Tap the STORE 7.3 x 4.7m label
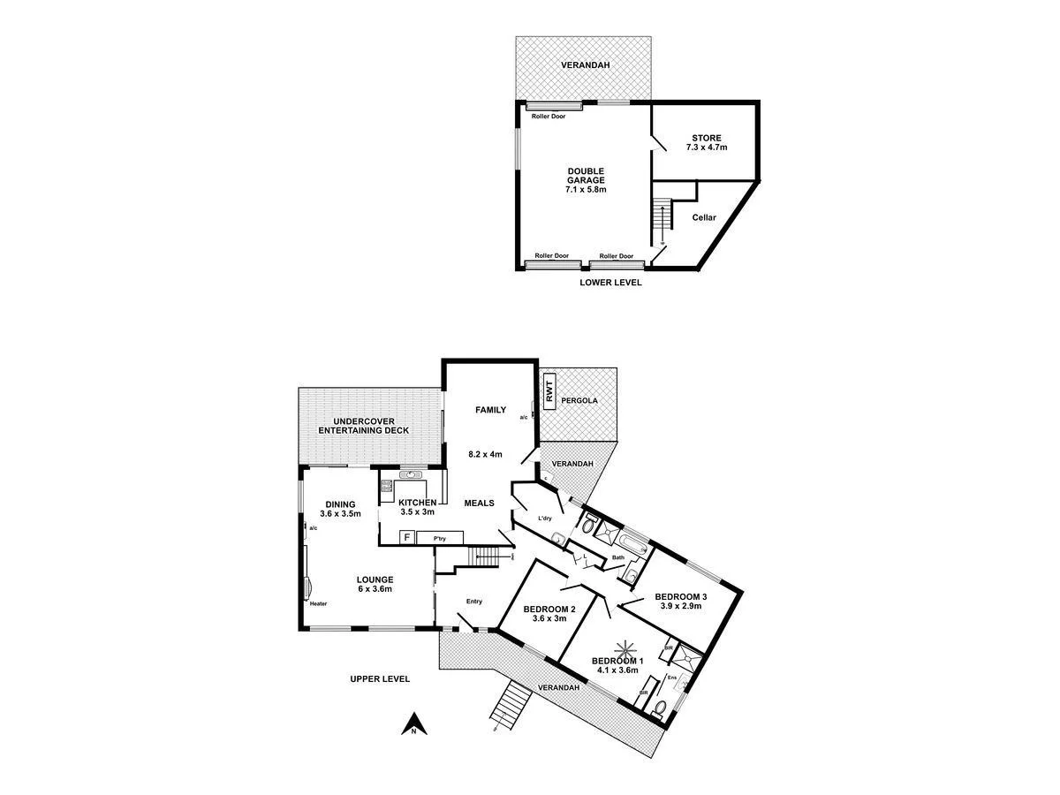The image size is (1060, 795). pos(706,142)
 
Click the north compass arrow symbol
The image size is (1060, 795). pos(412,725)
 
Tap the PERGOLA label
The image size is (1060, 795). pos(583,400)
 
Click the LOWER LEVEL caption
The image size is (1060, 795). pos(610,283)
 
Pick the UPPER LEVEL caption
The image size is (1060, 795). pos(380,679)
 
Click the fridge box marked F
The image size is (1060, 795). pos(407,536)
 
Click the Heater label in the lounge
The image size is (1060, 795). pos(319,604)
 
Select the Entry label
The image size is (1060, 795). pos(474,602)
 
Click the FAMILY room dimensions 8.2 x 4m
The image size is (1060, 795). pos(485,455)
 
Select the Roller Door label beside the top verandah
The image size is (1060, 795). pos(549,116)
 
